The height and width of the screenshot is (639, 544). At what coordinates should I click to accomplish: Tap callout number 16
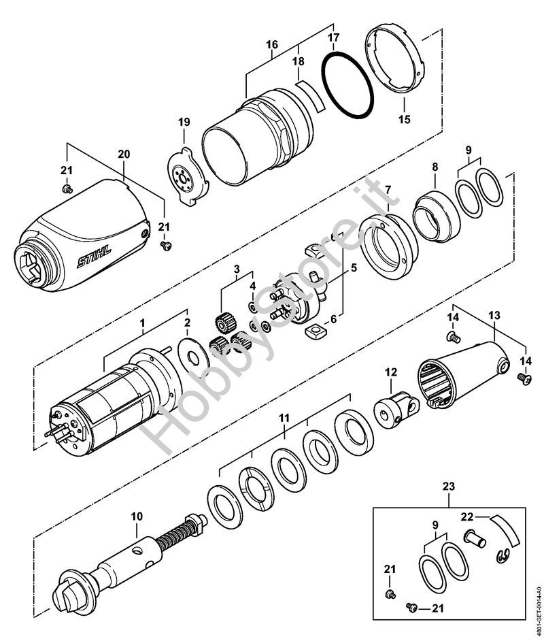coord(272,45)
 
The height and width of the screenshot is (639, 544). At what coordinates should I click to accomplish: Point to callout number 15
coord(405,120)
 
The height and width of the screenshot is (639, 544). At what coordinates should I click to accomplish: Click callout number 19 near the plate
coord(184,122)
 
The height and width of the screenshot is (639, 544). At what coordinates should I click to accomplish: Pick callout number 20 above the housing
coord(123,154)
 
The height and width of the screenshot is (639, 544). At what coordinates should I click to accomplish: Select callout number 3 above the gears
coord(237,271)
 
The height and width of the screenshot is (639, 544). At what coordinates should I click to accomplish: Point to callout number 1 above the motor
coord(143,326)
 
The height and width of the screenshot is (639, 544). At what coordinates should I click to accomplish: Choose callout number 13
coord(494,316)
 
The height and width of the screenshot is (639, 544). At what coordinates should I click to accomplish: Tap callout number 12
coord(390,372)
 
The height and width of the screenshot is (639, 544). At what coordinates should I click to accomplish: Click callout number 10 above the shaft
coord(137,517)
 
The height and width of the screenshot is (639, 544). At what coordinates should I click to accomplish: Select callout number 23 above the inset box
coord(447,487)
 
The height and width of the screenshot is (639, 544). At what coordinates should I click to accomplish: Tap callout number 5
coord(354,268)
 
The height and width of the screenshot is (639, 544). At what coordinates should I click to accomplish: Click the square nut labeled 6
coord(314,332)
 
